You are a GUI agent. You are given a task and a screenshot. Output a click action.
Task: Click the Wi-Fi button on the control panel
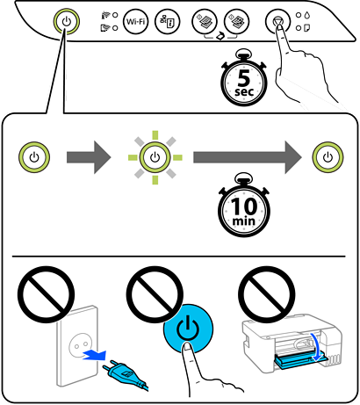(136, 21)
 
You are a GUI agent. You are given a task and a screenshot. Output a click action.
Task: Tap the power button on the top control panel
(67, 21)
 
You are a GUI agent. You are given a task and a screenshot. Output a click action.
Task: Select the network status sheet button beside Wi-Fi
(167, 21)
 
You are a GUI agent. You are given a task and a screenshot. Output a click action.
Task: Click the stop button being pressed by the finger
(278, 21)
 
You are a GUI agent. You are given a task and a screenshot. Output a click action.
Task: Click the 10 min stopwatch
(244, 206)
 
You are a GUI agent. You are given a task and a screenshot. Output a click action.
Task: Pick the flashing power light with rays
(155, 157)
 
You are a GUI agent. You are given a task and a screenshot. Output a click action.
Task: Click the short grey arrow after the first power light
(89, 157)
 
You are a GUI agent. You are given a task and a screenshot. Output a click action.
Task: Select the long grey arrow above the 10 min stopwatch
(248, 157)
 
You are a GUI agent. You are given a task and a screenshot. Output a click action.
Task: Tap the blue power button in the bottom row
(188, 328)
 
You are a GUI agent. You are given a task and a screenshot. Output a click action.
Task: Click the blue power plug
(124, 373)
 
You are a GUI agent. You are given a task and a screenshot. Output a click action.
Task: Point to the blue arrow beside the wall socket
(94, 354)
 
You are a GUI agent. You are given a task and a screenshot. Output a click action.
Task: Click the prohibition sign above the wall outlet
(46, 294)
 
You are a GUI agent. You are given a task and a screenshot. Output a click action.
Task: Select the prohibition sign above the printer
(267, 294)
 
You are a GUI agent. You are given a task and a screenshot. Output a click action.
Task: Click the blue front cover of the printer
(300, 360)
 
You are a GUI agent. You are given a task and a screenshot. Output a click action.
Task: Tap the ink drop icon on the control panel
(307, 15)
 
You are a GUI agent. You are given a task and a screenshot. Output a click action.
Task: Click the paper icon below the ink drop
(307, 28)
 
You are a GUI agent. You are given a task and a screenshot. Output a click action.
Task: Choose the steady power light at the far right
(328, 157)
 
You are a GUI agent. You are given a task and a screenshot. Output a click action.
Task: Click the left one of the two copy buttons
(205, 21)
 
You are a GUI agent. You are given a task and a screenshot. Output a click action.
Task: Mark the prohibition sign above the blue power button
(155, 294)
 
